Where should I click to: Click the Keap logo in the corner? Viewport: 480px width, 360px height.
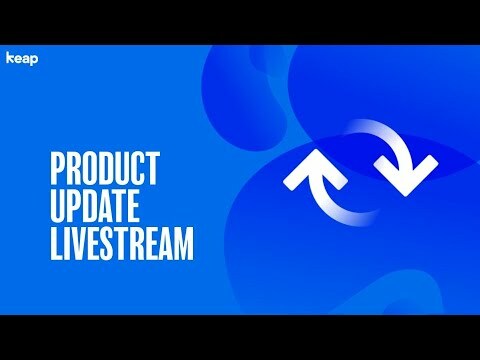pyautogui.click(x=22, y=57)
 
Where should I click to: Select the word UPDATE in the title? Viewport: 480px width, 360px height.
pyautogui.click(x=98, y=207)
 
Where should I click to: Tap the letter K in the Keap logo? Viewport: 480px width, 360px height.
pyautogui.click(x=10, y=57)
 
